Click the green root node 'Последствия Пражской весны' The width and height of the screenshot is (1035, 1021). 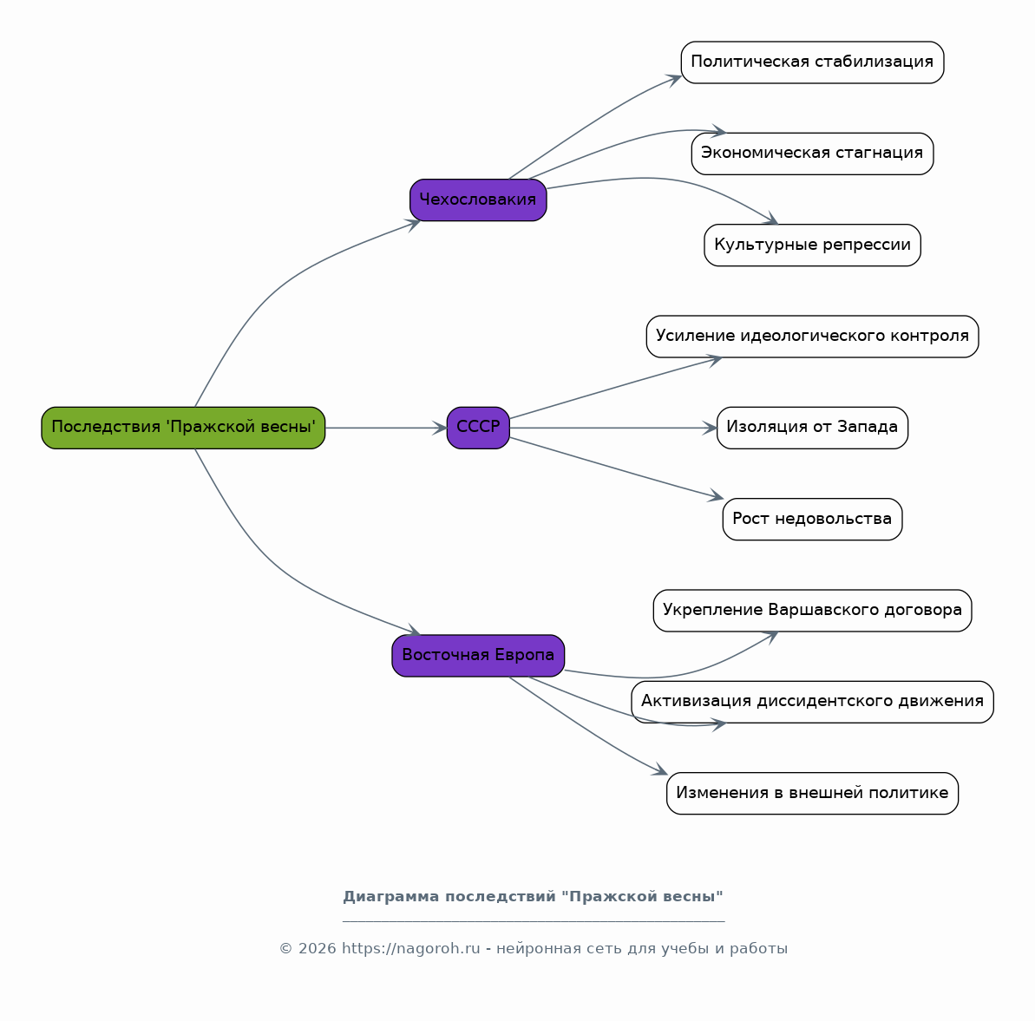[x=183, y=428]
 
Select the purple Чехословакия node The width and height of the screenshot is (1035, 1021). [x=478, y=200]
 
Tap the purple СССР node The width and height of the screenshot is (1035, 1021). [x=478, y=428]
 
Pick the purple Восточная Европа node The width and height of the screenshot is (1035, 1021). [x=478, y=656]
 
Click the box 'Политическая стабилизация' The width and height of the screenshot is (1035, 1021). [x=812, y=62]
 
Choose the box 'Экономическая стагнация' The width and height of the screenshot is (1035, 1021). [x=812, y=154]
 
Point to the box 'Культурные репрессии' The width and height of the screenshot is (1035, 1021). [x=812, y=245]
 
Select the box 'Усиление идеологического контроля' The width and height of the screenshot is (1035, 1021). [x=812, y=337]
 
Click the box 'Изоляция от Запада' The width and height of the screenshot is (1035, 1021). [x=812, y=428]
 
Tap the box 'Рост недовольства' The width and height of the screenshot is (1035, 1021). [x=812, y=519]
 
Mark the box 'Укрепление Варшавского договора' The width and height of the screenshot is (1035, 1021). [x=812, y=611]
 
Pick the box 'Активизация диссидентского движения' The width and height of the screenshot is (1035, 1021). [x=812, y=702]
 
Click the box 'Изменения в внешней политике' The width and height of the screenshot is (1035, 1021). [x=812, y=794]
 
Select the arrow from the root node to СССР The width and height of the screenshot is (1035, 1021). [x=386, y=428]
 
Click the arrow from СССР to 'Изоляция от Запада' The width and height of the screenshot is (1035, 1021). [x=613, y=428]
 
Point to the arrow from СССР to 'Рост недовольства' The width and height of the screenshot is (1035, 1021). [x=617, y=468]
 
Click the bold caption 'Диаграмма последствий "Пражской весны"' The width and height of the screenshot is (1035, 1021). [x=533, y=896]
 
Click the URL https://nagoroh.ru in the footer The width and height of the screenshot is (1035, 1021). [x=410, y=948]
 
